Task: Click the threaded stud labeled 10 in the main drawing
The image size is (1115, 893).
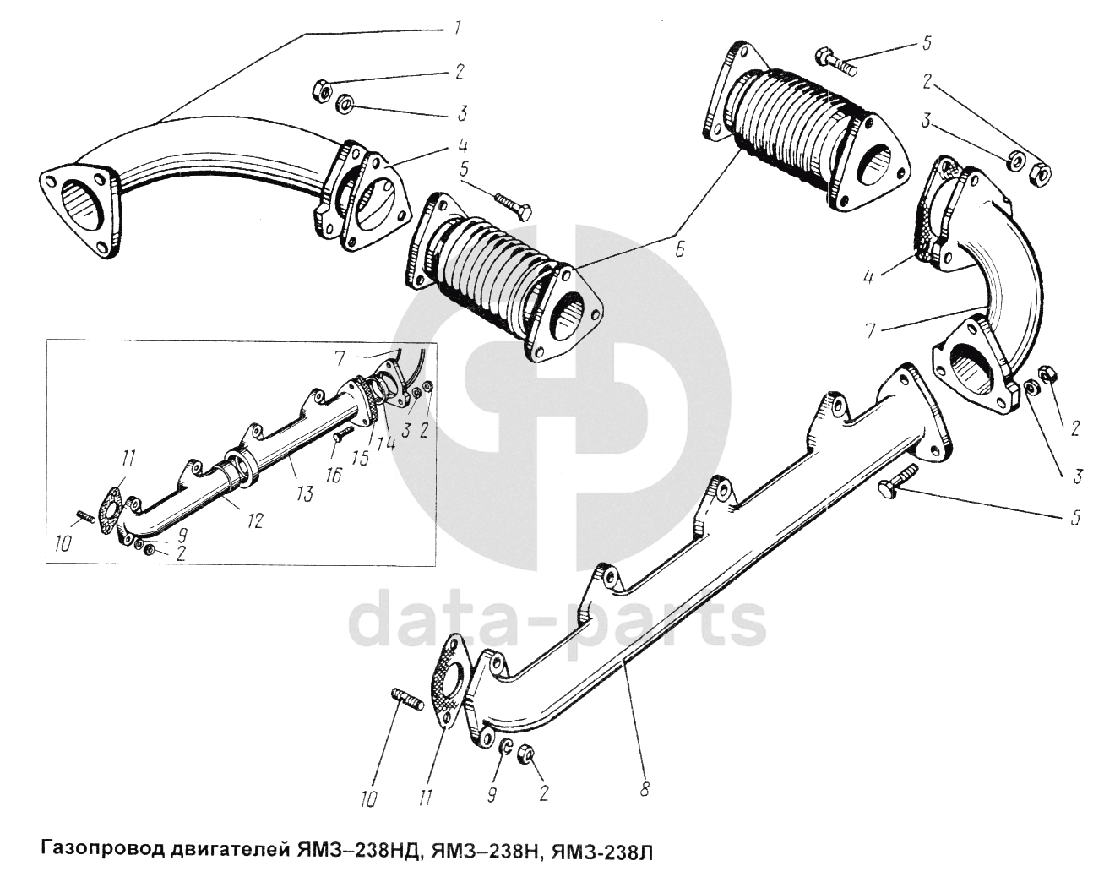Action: click(406, 700)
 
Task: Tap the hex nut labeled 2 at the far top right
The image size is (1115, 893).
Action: click(1042, 174)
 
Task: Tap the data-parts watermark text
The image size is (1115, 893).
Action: click(557, 623)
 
